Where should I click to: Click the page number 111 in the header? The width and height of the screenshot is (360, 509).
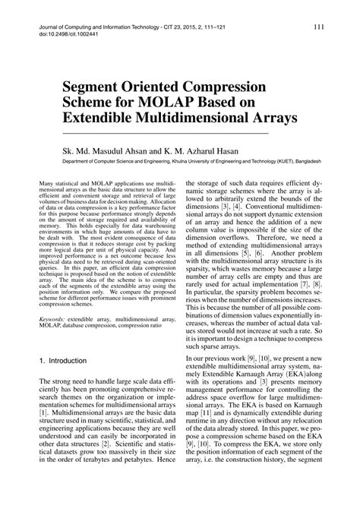click(319, 27)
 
